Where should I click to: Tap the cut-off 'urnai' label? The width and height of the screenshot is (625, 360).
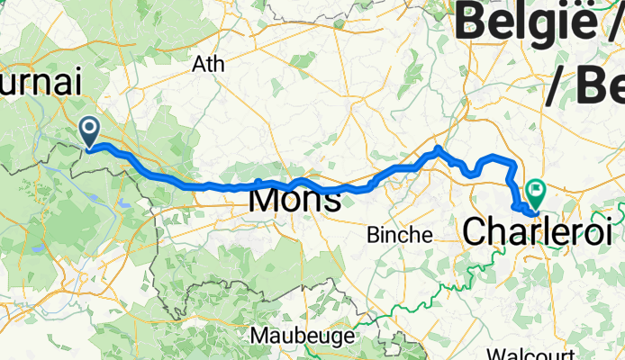41,82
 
